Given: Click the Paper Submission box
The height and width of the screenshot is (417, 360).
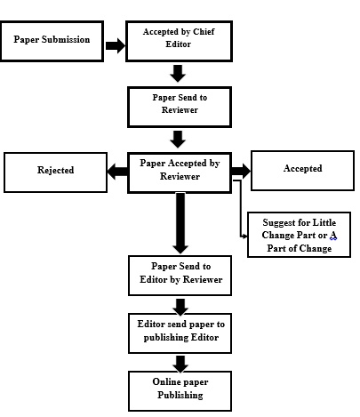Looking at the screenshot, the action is [x=52, y=41].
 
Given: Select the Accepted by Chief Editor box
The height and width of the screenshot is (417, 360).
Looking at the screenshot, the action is [x=179, y=41].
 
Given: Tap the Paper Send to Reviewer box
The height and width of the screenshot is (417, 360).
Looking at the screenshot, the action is [x=180, y=107].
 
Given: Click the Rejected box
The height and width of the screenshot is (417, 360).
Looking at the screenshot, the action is [x=55, y=172].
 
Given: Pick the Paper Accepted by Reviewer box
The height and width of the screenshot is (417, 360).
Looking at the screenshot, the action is [x=180, y=172].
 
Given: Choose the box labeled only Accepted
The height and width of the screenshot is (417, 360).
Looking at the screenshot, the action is [x=302, y=171].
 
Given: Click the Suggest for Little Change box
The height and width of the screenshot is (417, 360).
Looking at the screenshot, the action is [x=299, y=235].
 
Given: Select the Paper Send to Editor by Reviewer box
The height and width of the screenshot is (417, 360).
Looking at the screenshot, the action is [x=180, y=276].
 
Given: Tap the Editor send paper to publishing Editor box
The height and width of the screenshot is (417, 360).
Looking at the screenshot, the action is [x=180, y=333].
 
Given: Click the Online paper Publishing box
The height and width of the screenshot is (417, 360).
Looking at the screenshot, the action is [x=180, y=391].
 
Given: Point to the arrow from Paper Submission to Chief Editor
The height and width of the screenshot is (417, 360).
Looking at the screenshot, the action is [x=116, y=45].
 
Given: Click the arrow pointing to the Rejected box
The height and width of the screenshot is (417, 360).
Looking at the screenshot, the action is [x=117, y=172].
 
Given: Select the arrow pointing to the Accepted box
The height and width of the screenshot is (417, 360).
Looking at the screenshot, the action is [x=241, y=171].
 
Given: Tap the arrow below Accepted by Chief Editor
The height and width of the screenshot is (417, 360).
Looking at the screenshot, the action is [x=178, y=73].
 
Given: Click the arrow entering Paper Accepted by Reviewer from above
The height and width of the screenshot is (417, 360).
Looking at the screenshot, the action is [x=178, y=140].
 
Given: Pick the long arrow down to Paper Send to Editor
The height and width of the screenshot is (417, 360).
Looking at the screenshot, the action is [x=180, y=223].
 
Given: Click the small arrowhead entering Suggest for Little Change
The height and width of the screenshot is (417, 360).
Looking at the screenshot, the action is [x=244, y=237].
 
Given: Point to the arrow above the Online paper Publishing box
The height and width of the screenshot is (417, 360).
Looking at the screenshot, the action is [x=180, y=364].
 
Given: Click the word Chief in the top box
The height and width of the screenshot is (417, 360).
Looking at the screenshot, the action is [x=204, y=31].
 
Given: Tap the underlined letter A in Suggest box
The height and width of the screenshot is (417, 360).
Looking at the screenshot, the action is [x=333, y=236].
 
